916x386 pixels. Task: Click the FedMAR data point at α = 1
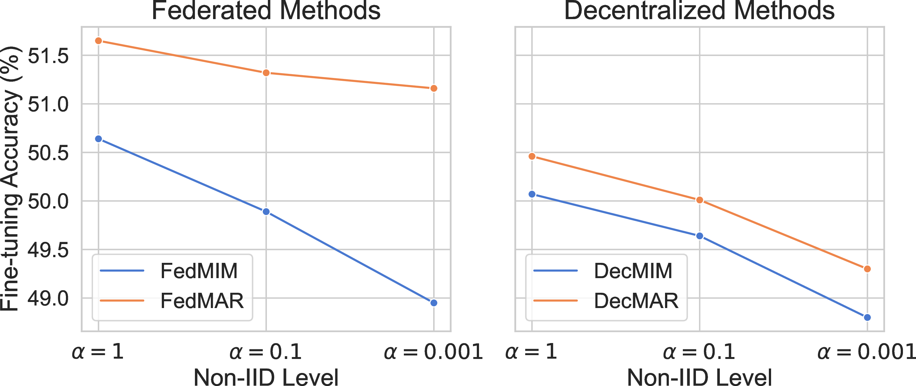pos(98,41)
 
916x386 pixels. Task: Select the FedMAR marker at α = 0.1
pos(266,73)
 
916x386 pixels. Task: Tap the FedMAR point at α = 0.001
pos(434,88)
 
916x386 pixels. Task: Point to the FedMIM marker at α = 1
pos(98,139)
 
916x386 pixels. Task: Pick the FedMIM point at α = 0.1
pos(266,212)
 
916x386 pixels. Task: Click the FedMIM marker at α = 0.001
pos(434,303)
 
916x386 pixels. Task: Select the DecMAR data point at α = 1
pos(532,156)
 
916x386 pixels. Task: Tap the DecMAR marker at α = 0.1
pos(699,200)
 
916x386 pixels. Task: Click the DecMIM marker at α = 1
pos(532,194)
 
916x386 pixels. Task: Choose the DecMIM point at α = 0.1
pos(699,236)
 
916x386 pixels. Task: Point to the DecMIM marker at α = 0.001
pos(867,317)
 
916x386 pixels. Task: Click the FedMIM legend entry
pos(169,271)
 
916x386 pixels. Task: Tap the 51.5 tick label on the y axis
pos(48,56)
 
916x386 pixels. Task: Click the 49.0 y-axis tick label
pos(48,298)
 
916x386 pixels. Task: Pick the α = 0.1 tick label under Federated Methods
pos(266,352)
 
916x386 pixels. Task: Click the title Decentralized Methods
pos(699,11)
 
